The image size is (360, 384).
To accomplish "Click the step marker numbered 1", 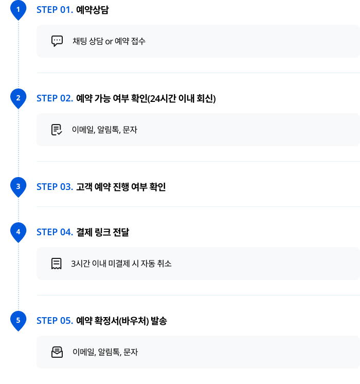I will click(x=18, y=9).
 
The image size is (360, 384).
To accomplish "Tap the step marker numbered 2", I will click(x=18, y=98).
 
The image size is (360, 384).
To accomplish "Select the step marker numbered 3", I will click(x=18, y=186).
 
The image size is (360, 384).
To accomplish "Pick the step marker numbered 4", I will click(x=18, y=232).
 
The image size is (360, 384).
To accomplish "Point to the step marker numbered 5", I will click(x=18, y=320).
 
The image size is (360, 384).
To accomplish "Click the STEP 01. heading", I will click(x=55, y=10).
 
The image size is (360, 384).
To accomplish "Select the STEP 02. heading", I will click(x=55, y=98).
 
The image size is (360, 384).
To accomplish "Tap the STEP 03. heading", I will click(x=55, y=187).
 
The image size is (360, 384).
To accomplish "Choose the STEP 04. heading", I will click(x=55, y=232).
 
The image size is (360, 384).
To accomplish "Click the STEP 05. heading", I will click(x=55, y=321).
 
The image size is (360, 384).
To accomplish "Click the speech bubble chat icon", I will click(x=57, y=41).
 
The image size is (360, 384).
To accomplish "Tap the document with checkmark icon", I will click(x=57, y=130).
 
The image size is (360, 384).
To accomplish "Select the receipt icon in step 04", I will click(x=57, y=264).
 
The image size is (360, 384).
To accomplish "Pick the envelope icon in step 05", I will click(x=57, y=352).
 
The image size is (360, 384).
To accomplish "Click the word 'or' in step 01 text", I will click(x=109, y=41).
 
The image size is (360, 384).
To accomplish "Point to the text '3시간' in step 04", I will click(x=80, y=264).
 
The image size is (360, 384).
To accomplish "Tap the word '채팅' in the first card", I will click(x=80, y=41).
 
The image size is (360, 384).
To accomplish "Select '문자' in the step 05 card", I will click(x=131, y=352).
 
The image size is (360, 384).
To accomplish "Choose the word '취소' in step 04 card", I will click(x=164, y=264).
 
